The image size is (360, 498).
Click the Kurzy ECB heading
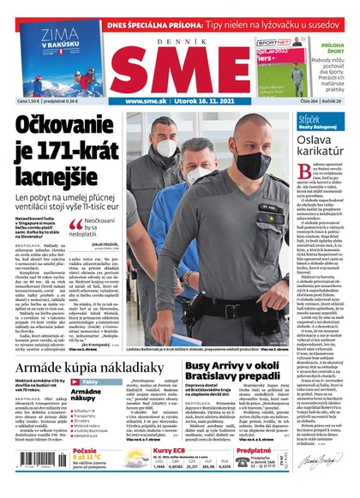pos(171,451)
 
